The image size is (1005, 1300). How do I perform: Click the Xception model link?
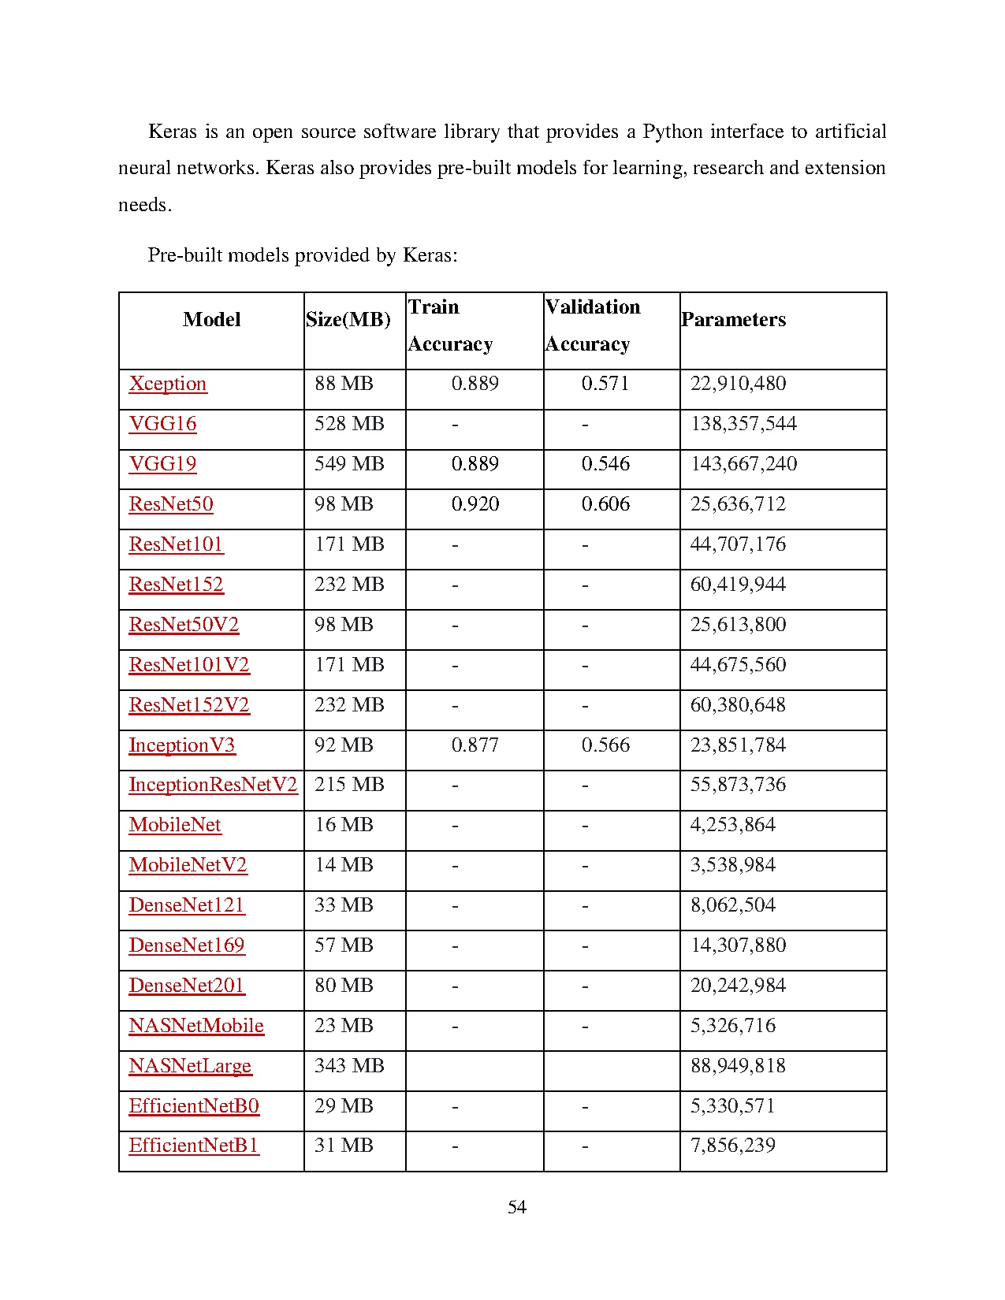[x=168, y=384]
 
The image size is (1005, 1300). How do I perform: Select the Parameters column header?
[x=734, y=320]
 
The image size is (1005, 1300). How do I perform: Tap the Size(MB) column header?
[x=348, y=320]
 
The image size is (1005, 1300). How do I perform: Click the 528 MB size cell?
[x=349, y=424]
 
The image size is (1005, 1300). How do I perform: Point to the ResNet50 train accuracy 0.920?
[x=475, y=504]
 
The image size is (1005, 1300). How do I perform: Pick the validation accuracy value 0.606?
[x=605, y=504]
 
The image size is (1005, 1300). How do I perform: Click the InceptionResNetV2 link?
[x=213, y=785]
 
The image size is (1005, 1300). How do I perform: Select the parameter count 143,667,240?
[x=743, y=464]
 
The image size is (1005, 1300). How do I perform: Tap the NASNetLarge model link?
[x=190, y=1066]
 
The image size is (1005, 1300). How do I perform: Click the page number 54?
[x=517, y=1207]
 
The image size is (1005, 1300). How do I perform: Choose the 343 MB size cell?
[x=349, y=1066]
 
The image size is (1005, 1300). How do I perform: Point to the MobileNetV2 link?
[x=188, y=865]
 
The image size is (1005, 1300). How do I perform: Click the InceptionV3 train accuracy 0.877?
[x=475, y=745]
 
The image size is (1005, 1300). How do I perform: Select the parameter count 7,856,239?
[x=733, y=1146]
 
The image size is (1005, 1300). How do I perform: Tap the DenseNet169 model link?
[x=187, y=945]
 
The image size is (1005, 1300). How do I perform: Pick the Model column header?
[x=211, y=320]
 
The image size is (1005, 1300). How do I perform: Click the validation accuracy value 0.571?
[x=605, y=384]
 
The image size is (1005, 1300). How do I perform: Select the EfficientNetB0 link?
[x=194, y=1106]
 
